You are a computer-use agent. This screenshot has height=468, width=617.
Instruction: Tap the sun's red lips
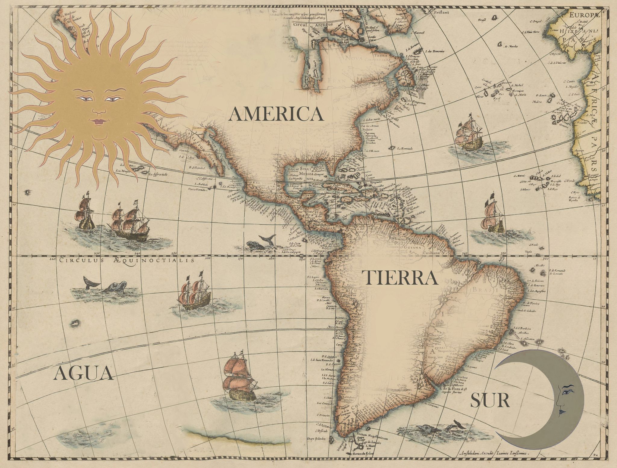coord(99,122)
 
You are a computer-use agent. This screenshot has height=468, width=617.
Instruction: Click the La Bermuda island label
coord(405,148)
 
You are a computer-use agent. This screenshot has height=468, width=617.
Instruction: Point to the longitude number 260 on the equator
coord(207,258)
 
